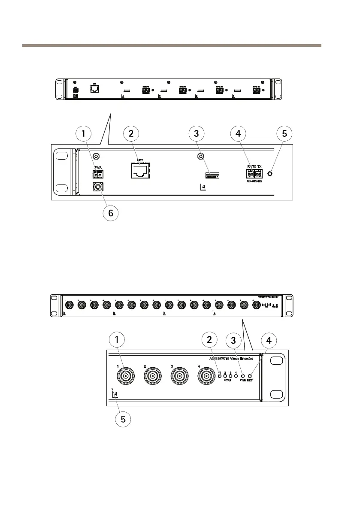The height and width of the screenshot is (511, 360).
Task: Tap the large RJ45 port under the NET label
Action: point(139,171)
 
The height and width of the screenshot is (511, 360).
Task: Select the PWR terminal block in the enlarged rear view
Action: point(98,174)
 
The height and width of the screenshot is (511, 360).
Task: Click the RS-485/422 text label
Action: point(254,181)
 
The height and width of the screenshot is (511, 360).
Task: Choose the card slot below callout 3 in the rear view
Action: point(212,175)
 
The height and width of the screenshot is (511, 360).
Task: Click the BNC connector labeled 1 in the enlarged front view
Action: point(126,377)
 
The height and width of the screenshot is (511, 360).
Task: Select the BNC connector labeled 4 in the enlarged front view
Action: point(207,377)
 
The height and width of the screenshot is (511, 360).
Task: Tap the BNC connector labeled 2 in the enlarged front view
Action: point(153,377)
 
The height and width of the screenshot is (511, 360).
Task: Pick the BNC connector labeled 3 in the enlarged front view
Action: point(180,377)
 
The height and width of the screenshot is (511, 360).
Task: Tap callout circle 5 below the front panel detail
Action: point(123,419)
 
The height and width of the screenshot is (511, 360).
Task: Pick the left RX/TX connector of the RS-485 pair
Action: point(249,174)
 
